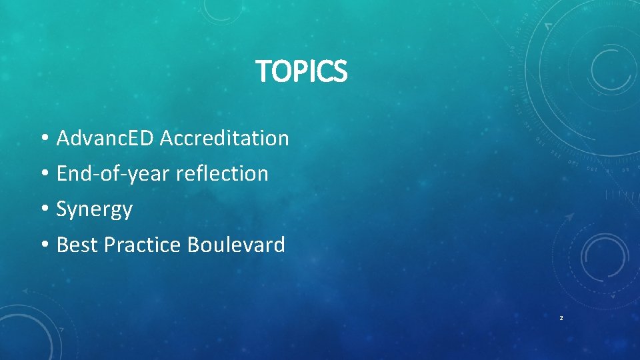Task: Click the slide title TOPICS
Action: click(x=302, y=71)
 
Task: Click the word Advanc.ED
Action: click(x=105, y=138)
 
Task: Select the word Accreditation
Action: click(x=224, y=138)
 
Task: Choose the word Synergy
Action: click(x=95, y=209)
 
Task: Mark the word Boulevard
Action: click(x=236, y=245)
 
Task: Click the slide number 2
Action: click(x=561, y=318)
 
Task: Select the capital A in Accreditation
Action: click(x=167, y=138)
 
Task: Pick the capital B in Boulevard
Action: click(x=193, y=245)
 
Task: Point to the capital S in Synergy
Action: click(x=62, y=209)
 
